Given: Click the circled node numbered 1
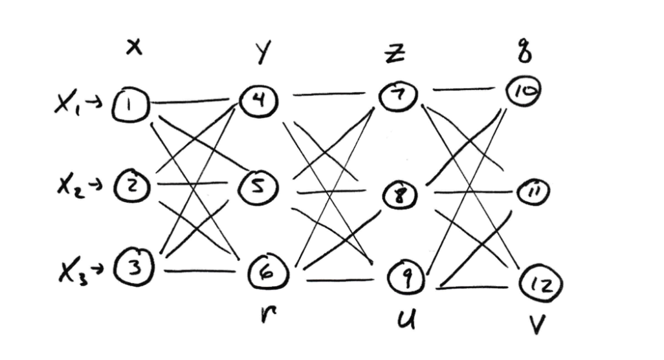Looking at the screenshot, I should pyautogui.click(x=131, y=103).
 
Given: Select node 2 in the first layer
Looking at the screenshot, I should pyautogui.click(x=133, y=187).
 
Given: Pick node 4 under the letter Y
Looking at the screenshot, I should pyautogui.click(x=259, y=100).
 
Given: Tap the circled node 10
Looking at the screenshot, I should pyautogui.click(x=524, y=92).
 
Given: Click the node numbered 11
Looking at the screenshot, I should pyautogui.click(x=535, y=192).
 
